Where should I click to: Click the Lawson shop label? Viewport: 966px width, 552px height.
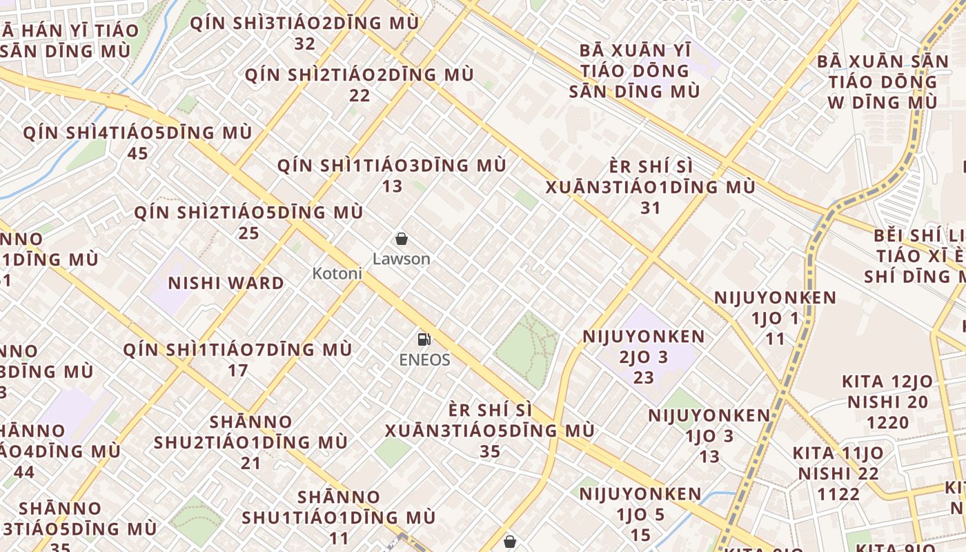401,259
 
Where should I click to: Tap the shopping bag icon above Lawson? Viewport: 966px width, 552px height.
401,239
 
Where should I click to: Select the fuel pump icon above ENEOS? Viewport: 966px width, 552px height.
424,339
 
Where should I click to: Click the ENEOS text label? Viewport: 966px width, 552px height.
424,359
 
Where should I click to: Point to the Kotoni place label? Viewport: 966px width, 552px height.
337,273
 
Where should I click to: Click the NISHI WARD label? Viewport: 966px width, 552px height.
226,283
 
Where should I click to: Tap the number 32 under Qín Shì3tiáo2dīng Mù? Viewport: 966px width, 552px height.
304,44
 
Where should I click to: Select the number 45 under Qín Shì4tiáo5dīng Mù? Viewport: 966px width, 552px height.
137,153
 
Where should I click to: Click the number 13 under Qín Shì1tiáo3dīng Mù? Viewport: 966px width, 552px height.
392,186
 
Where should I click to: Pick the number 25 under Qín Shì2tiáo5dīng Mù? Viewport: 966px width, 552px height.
248,233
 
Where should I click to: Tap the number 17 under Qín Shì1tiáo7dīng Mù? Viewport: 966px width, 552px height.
237,371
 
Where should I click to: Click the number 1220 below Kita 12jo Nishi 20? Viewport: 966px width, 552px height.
887,422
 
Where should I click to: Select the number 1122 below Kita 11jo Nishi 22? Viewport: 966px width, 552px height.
839,494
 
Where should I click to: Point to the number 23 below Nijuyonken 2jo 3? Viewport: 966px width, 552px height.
644,378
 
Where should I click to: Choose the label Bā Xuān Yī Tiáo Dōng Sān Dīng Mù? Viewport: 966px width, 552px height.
634,70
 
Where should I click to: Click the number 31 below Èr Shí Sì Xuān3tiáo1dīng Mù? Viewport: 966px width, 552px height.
650,208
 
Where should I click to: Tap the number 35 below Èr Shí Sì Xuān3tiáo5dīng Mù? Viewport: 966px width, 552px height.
490,451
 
